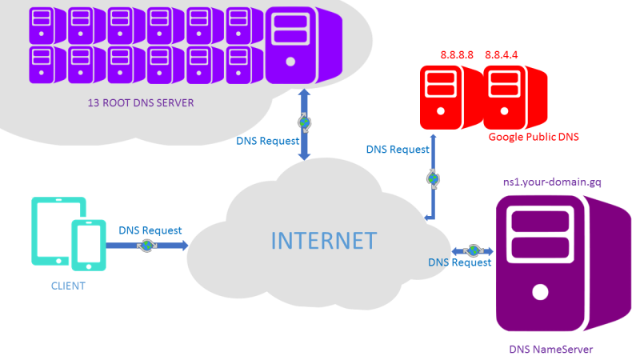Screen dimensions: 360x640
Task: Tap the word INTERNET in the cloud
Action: [x=322, y=240]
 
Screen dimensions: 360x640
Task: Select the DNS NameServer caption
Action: [x=551, y=349]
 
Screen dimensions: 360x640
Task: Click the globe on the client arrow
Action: [x=147, y=246]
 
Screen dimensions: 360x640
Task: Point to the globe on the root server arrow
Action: [x=305, y=122]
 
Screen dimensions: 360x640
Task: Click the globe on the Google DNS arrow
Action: [x=433, y=178]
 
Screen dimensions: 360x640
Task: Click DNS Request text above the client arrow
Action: [x=150, y=230]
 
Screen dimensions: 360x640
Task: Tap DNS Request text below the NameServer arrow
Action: [x=459, y=262]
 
